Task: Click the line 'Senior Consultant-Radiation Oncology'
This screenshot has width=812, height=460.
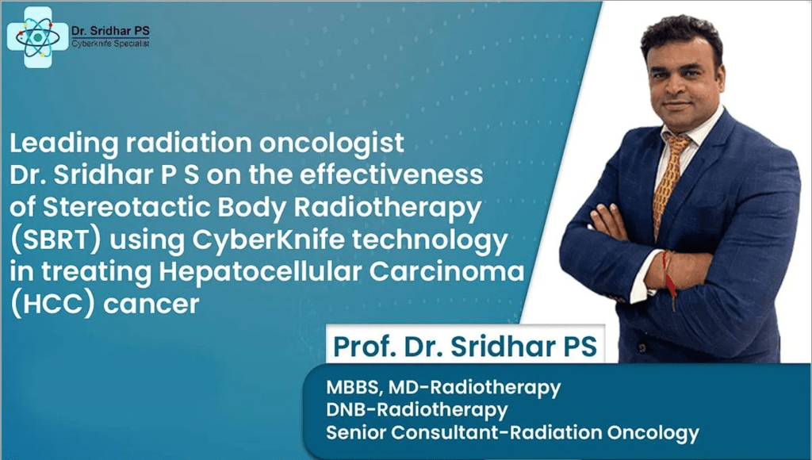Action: pyautogui.click(x=512, y=433)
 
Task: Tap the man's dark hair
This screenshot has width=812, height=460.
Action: pyautogui.click(x=687, y=36)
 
